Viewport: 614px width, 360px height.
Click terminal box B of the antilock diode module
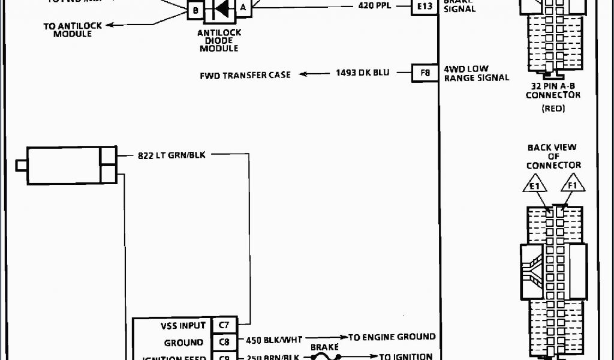[x=195, y=10]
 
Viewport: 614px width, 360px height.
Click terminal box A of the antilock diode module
[x=243, y=7]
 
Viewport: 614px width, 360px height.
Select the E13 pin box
[x=424, y=8]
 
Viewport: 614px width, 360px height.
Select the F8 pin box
[x=424, y=73]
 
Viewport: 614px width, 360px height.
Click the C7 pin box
[x=224, y=326]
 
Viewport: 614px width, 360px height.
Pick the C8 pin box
[x=224, y=343]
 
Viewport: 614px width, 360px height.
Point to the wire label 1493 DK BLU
[x=362, y=73]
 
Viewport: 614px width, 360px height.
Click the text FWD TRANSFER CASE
[x=245, y=75]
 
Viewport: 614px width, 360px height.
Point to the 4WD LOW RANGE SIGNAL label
[x=476, y=73]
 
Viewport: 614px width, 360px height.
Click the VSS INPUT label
[x=183, y=326]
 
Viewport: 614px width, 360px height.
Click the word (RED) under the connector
[x=553, y=109]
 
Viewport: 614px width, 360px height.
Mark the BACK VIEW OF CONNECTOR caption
[x=552, y=156]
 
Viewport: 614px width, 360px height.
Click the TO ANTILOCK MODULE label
[x=72, y=29]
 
